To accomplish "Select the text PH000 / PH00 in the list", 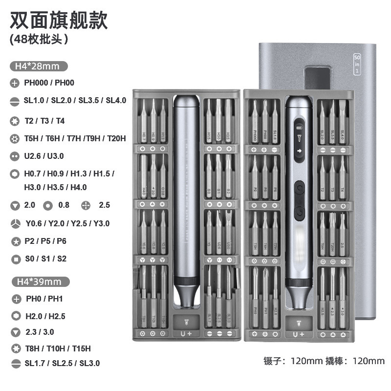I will [x=49, y=83].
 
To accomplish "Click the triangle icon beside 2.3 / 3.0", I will [x=15, y=333].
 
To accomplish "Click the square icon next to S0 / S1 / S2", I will [x=15, y=259].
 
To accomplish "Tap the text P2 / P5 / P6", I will [x=45, y=241].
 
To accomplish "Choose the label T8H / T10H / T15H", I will [x=58, y=348].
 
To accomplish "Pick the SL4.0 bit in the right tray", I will [x=343, y=125].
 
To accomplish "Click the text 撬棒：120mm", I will [x=356, y=361].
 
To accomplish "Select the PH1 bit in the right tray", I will [x=265, y=301].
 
